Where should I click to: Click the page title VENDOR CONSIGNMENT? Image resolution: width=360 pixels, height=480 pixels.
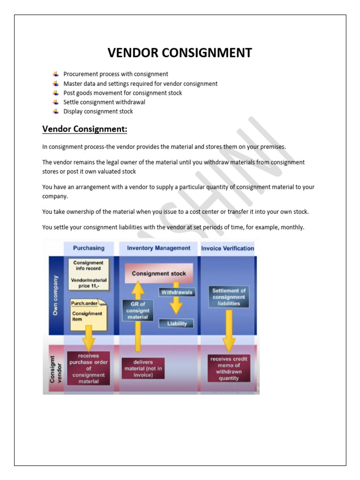coord(180,53)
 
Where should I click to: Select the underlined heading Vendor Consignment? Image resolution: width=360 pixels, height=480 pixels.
coord(85,129)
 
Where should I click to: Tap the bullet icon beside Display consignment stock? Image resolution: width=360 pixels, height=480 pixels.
coord(55,111)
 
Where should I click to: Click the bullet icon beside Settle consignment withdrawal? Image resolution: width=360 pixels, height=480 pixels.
coord(55,102)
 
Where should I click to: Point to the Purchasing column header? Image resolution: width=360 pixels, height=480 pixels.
coord(89,248)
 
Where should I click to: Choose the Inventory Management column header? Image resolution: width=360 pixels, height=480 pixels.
coord(158,248)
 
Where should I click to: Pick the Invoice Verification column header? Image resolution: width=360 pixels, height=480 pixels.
coord(227,248)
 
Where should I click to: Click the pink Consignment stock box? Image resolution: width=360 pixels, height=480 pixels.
coord(158,273)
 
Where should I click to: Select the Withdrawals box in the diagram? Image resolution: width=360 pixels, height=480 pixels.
coord(177,292)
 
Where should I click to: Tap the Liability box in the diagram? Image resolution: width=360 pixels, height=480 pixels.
coord(176,323)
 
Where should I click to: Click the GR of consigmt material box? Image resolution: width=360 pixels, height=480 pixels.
coord(137,310)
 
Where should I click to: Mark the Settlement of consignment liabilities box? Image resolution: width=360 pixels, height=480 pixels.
coord(228,297)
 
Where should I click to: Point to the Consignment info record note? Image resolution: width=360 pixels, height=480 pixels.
coord(88,273)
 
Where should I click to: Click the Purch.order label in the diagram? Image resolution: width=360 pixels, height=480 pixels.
coord(84,303)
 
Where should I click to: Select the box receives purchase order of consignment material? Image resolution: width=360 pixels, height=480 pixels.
coord(89,368)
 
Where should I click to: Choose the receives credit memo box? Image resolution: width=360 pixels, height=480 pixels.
coord(229,368)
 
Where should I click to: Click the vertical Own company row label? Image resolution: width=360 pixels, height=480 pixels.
coord(56,295)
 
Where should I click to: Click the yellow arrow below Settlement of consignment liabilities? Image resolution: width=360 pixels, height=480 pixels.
coord(229,330)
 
